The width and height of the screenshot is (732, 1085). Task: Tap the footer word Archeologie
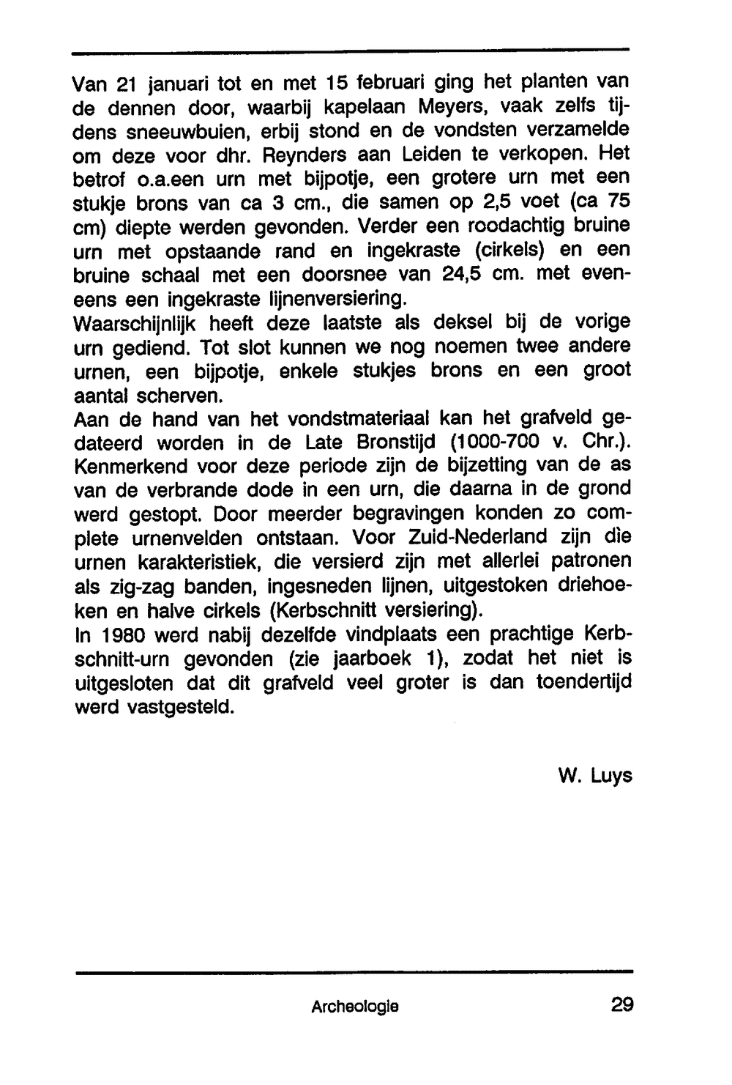point(354,1007)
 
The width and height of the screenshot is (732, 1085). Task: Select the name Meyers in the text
point(449,107)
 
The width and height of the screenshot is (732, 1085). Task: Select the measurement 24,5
point(468,275)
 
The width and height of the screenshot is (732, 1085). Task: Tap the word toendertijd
point(583,683)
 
